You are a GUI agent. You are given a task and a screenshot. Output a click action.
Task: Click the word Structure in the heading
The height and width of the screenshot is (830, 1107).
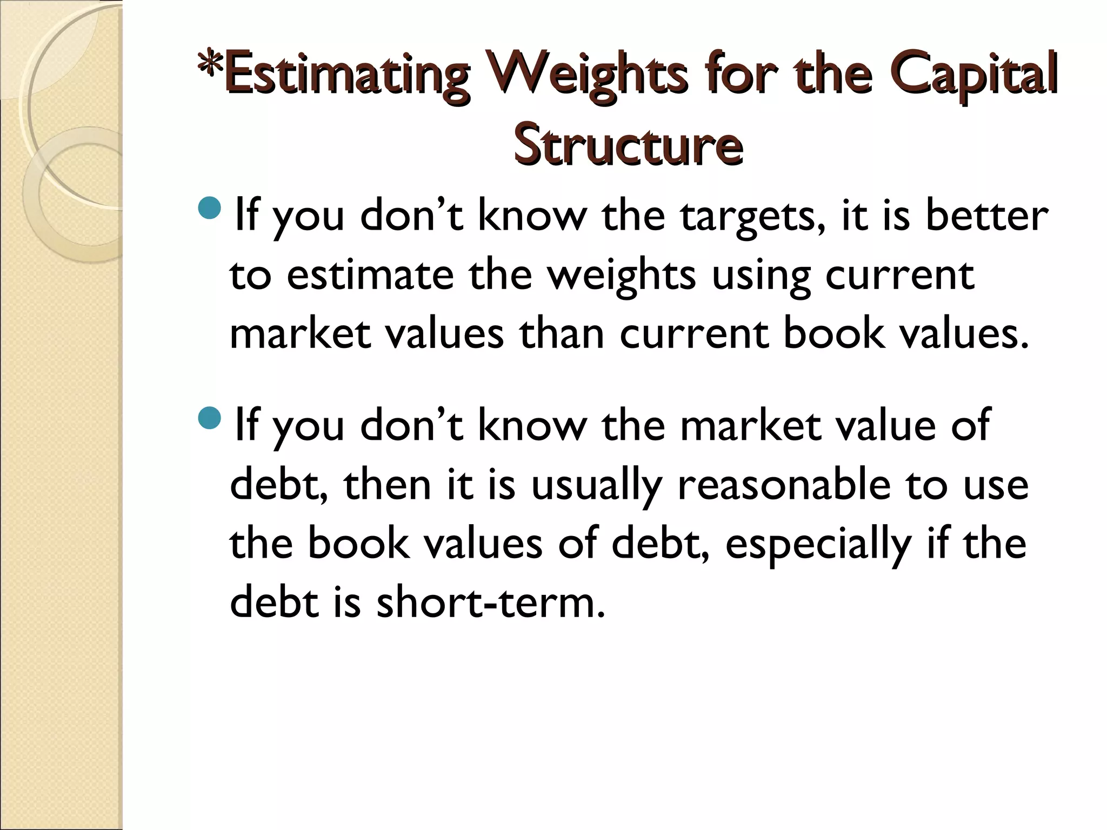(x=628, y=146)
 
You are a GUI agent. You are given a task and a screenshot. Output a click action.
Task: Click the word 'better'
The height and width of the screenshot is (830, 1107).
(x=986, y=215)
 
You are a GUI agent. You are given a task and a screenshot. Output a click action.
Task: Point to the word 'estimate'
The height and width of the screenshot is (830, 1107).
(x=370, y=275)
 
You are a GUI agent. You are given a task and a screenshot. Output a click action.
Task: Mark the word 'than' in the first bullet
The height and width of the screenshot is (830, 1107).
(x=562, y=333)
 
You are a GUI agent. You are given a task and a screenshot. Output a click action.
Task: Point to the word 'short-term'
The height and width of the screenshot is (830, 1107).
(x=490, y=603)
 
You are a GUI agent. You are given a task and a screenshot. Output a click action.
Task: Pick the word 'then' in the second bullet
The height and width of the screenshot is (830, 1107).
(x=387, y=484)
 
